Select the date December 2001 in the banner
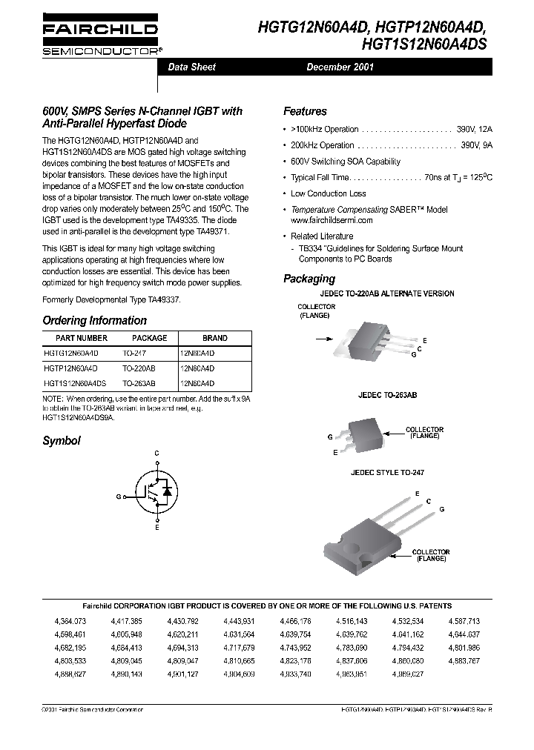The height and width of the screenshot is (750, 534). coord(340,67)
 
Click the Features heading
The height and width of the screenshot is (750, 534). coord(305,111)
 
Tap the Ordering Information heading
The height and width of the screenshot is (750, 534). coord(94,321)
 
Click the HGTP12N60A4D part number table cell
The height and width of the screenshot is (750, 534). coord(76,368)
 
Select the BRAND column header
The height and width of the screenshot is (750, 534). coord(215,338)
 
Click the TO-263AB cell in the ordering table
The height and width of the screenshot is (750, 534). coord(139,383)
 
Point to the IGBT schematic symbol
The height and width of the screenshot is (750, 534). coord(156,490)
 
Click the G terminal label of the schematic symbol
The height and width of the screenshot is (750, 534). coord(119,496)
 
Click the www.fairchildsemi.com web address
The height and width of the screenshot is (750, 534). coord(332,220)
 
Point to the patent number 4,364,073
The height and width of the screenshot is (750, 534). coord(70,620)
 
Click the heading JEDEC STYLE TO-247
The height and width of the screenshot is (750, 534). coord(387,472)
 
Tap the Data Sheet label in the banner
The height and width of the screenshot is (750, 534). coord(192,67)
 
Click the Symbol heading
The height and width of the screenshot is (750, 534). coord(62,440)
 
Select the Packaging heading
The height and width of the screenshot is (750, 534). coord(309,279)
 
